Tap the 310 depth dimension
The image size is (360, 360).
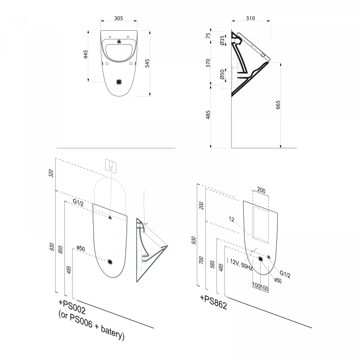point(249,18)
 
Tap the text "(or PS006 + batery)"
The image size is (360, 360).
point(91,328)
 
